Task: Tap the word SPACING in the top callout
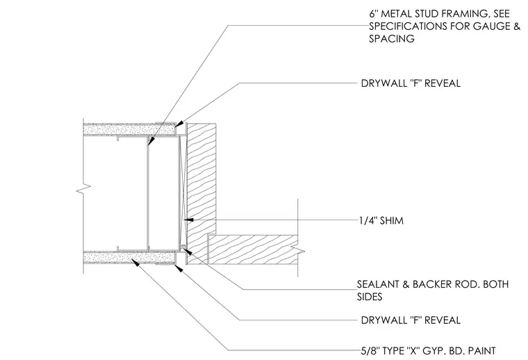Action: coord(392,39)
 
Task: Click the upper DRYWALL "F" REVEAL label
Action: coord(411,83)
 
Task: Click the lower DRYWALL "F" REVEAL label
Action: coord(411,320)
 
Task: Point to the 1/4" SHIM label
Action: coord(381,220)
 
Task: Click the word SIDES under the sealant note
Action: coord(370,297)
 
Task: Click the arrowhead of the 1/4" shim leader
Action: coord(188,220)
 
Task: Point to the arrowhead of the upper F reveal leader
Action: coord(179,124)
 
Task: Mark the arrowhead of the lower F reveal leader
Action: coord(179,268)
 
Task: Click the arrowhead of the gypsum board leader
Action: coord(135,262)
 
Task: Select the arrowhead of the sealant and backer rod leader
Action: coord(186,251)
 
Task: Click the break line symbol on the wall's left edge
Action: coord(83,189)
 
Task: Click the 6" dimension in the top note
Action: coord(372,14)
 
